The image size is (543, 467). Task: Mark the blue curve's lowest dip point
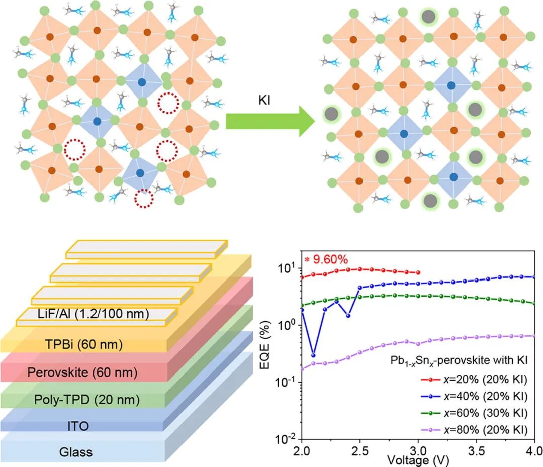313,355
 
